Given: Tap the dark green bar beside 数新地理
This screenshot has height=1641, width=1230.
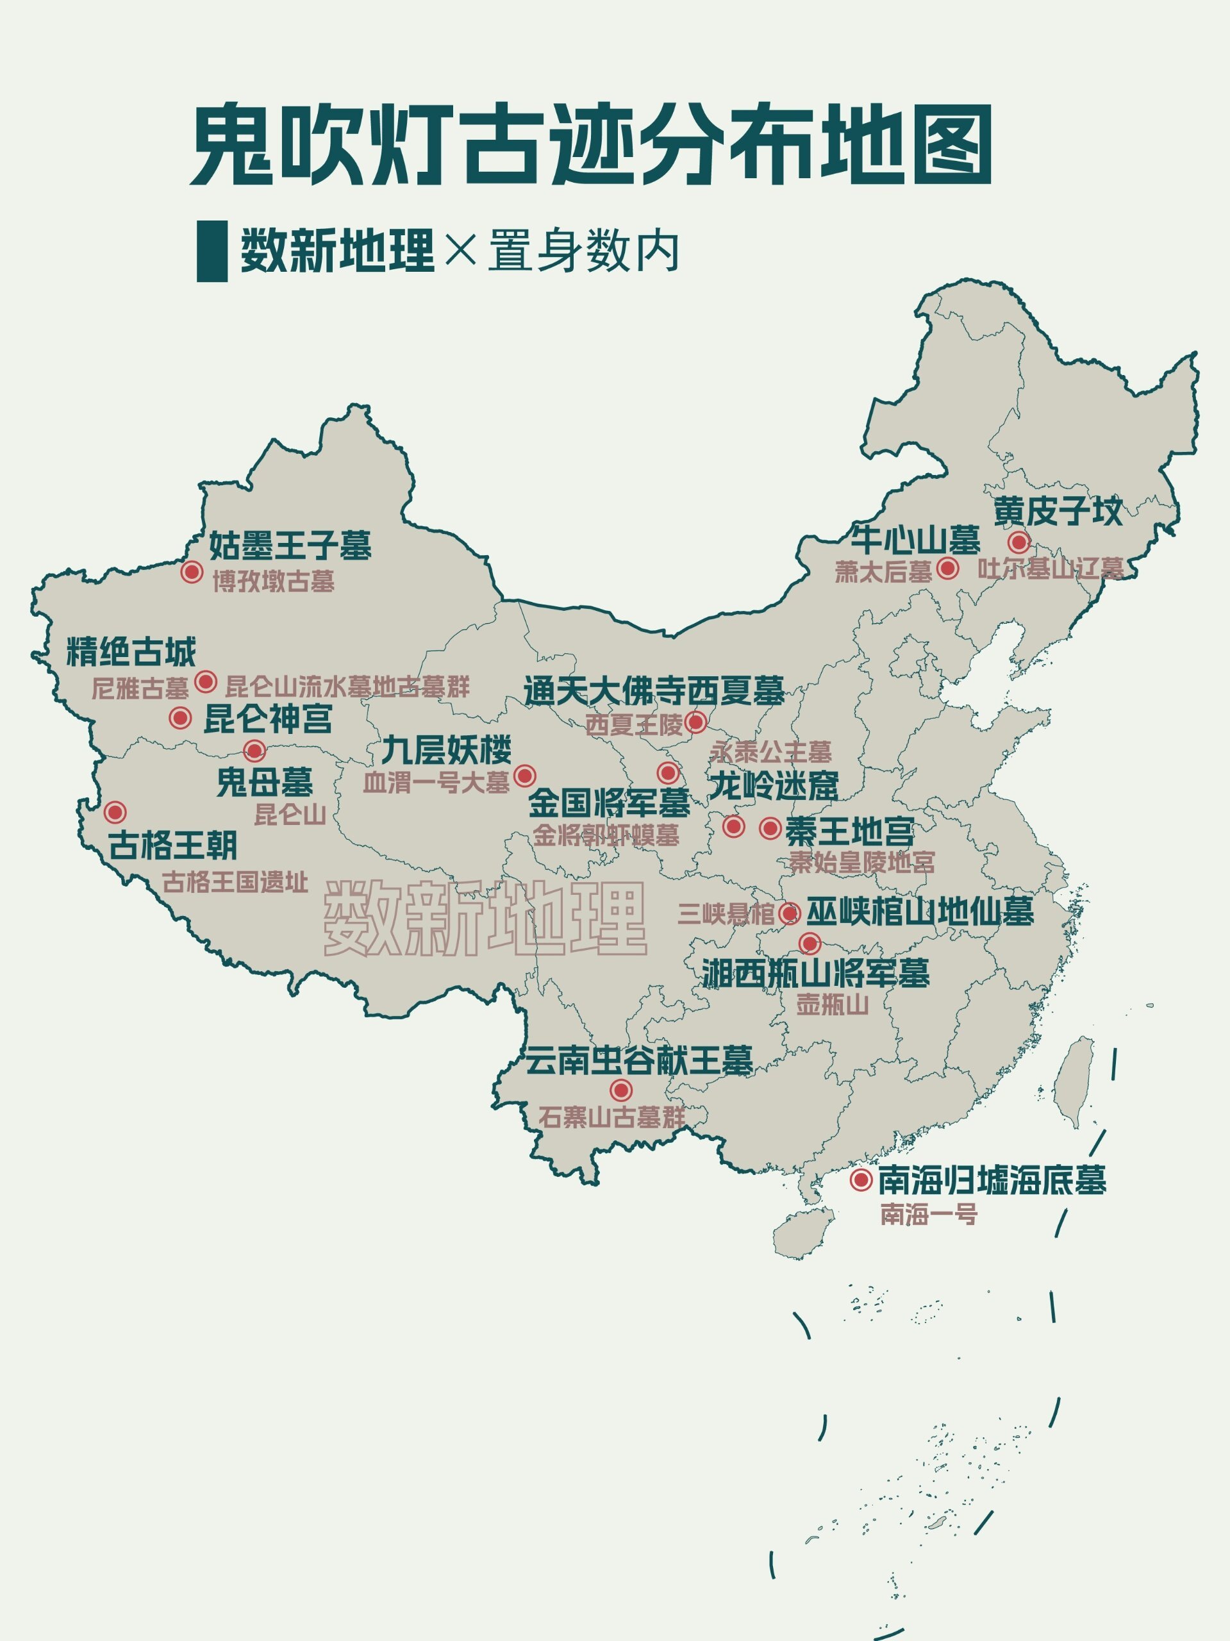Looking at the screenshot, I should click(x=212, y=251).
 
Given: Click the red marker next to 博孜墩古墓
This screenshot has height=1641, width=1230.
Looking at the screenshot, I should click(x=192, y=572).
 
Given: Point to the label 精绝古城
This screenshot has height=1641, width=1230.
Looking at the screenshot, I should click(x=131, y=652).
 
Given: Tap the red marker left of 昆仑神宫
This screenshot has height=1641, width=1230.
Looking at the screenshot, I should click(x=179, y=717).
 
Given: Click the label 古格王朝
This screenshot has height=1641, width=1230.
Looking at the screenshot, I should click(x=173, y=845).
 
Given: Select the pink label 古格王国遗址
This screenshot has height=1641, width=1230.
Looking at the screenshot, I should click(x=235, y=882).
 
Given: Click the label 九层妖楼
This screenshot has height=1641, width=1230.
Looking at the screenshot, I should click(x=447, y=750).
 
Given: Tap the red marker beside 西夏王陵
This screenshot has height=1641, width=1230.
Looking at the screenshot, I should click(x=695, y=721).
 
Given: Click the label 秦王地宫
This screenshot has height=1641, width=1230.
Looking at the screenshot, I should click(x=849, y=831).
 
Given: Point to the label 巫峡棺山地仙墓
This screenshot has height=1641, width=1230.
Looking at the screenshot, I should click(x=920, y=912).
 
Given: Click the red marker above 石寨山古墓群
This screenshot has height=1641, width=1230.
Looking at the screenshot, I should click(x=621, y=1090).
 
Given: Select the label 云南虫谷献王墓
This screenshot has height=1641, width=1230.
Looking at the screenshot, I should click(x=639, y=1061).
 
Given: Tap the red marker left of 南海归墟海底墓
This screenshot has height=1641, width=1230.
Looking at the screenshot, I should click(x=861, y=1179).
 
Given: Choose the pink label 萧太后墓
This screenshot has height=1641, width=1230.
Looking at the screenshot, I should click(x=883, y=572).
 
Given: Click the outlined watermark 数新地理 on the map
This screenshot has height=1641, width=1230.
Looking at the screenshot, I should click(x=485, y=919).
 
